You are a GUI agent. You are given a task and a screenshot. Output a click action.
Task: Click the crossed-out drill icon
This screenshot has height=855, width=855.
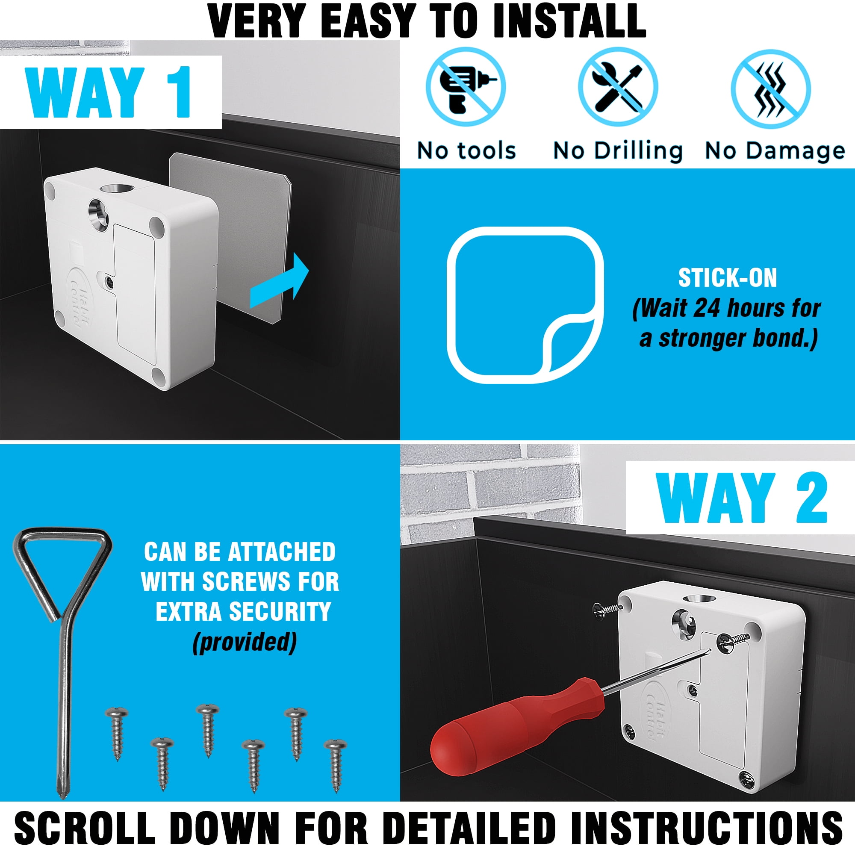pyautogui.click(x=466, y=88)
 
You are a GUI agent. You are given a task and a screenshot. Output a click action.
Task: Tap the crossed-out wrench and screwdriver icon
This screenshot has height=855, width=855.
pyautogui.click(x=618, y=88)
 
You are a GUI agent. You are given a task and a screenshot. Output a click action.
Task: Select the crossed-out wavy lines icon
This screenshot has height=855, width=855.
pyautogui.click(x=770, y=88)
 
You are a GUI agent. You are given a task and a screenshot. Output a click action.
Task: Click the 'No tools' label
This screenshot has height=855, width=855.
pyautogui.click(x=466, y=151)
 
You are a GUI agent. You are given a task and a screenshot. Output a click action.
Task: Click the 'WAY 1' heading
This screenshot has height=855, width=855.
pyautogui.click(x=109, y=92)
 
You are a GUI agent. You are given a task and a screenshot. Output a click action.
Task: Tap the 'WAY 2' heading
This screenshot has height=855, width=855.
pyautogui.click(x=742, y=498)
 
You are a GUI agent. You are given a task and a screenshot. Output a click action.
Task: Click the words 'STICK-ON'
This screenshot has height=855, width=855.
pyautogui.click(x=728, y=278)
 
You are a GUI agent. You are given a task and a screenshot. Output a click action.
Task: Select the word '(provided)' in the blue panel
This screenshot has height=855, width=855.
pyautogui.click(x=244, y=642)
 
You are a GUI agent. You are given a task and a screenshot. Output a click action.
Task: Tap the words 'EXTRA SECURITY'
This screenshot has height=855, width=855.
pyautogui.click(x=243, y=612)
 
